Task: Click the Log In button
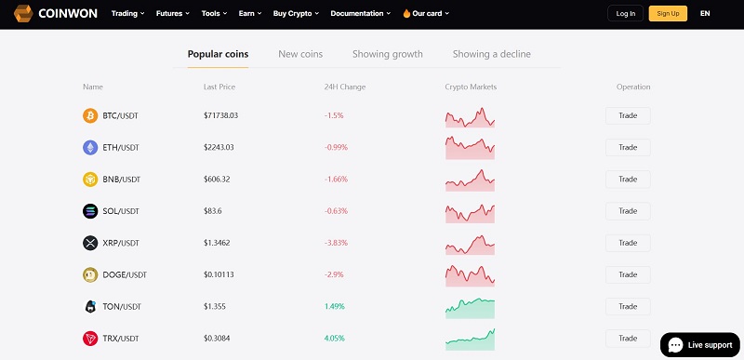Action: pos(625,14)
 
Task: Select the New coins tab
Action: pos(300,54)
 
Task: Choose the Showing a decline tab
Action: pos(491,54)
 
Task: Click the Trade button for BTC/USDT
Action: pos(628,116)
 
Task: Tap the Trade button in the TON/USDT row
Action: pos(628,306)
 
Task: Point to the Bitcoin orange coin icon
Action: pos(90,116)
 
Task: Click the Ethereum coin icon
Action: pos(90,148)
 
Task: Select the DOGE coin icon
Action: pos(90,274)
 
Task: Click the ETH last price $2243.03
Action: pos(219,148)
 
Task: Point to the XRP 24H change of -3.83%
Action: pos(336,243)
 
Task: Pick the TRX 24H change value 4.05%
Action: pos(335,338)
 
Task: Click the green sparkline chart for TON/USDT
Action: pos(470,306)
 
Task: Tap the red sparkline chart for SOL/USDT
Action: pos(470,211)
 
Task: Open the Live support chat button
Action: pos(699,344)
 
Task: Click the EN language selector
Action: pos(705,14)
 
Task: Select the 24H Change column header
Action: pos(344,87)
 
